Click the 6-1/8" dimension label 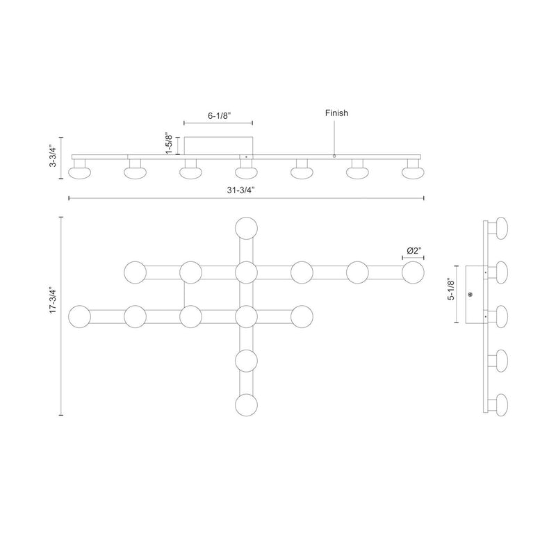point(219,115)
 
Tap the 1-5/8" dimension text point(169,145)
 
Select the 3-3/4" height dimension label point(53,155)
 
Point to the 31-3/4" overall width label point(241,190)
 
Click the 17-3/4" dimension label point(53,300)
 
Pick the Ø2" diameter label point(414,251)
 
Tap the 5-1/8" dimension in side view point(451,290)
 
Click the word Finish point(336,113)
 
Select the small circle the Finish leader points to point(334,156)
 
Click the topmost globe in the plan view point(247,229)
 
